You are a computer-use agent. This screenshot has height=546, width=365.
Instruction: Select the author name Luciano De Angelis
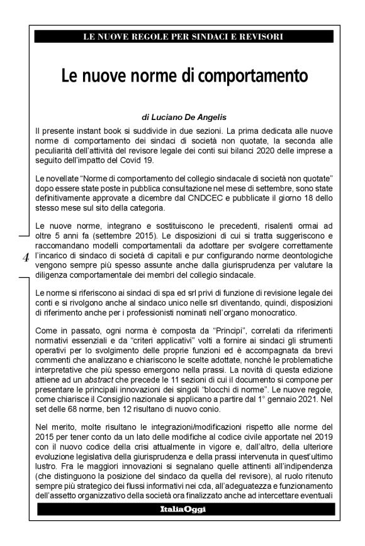coord(189,117)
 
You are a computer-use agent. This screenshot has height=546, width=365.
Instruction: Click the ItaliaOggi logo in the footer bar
coord(182,509)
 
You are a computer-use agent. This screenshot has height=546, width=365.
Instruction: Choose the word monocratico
coord(264,312)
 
